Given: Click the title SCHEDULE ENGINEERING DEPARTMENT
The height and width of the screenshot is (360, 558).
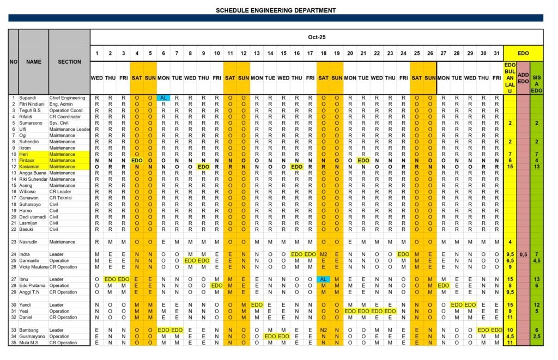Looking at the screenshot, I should coord(275,10).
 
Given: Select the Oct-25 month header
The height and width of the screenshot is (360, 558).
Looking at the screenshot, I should coord(316,38).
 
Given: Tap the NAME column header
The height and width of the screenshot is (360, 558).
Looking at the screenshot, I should coord(34,62).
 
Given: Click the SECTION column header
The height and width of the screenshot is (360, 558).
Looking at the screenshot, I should coord(69,62).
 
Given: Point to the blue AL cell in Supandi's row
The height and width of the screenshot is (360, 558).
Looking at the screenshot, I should coord(163,98).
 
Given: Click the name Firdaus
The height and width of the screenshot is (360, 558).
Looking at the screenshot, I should coord(28,161).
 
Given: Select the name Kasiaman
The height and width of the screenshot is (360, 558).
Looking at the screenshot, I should coord(29,167).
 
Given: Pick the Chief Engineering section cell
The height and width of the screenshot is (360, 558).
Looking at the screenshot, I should coord(68,98).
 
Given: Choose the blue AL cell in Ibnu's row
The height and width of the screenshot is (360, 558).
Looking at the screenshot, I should coord(324,279).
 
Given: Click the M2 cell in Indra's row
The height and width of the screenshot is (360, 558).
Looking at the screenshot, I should coord(324,254).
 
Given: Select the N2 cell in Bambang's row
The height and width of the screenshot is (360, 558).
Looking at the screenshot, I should coord(324,331).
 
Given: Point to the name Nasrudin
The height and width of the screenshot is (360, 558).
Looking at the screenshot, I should coord(29,242).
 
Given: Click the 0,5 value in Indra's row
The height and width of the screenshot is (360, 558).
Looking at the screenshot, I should coord(523,254).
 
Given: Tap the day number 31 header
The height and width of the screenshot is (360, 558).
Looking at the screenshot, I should coord(496,53).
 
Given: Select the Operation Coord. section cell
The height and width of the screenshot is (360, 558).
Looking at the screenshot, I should coord(68,111).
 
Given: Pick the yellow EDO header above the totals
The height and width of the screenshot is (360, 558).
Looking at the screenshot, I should coord(523,53).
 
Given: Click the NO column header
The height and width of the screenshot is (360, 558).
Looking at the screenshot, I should coord(14,62).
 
